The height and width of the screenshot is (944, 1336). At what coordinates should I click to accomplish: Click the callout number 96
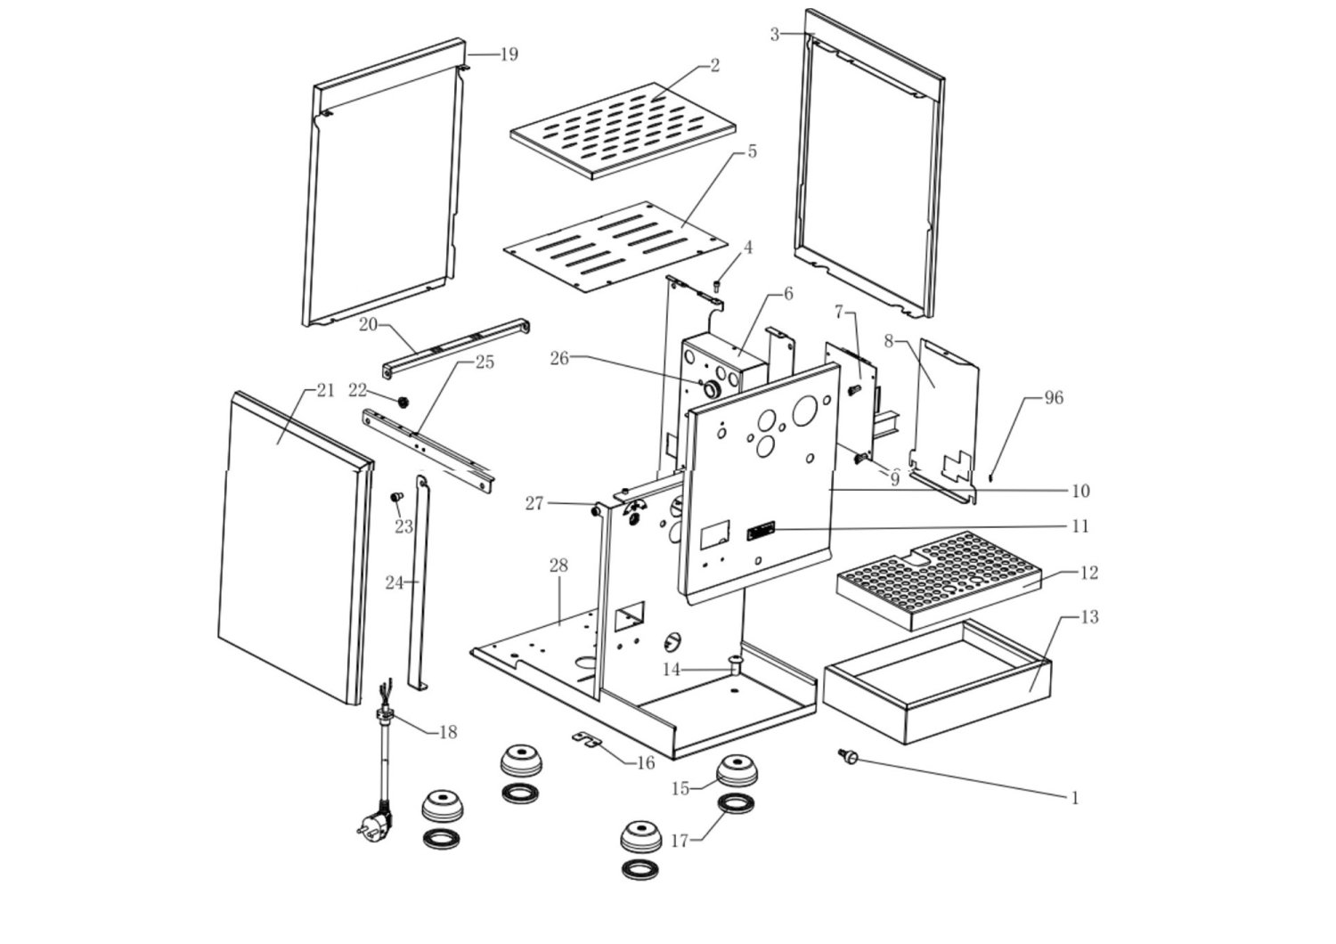coord(1054,398)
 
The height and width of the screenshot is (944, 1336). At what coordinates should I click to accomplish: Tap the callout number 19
coord(509,55)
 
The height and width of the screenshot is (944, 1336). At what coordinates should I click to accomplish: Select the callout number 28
coord(558,566)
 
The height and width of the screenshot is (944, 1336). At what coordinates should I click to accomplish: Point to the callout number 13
coord(1089,617)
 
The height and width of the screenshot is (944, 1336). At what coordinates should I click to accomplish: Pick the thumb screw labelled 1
coord(848,756)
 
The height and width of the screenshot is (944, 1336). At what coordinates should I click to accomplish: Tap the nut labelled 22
coord(403,402)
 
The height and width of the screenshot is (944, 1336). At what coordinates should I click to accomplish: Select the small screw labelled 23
coord(396,496)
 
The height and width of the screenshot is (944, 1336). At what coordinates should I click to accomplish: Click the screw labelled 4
coord(718,286)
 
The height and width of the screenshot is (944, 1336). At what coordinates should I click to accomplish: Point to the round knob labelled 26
coord(711,389)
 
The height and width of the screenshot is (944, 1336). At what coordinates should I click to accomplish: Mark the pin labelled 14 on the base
coord(735,663)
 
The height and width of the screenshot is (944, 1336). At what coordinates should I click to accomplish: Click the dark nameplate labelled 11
coord(761,530)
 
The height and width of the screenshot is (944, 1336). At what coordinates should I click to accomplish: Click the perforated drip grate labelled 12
coord(939,581)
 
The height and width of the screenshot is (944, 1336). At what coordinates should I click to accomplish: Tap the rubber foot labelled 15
coord(737,769)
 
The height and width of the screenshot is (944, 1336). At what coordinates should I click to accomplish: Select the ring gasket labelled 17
coord(736,804)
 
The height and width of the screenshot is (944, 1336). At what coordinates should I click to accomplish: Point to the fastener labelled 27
coord(595,510)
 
